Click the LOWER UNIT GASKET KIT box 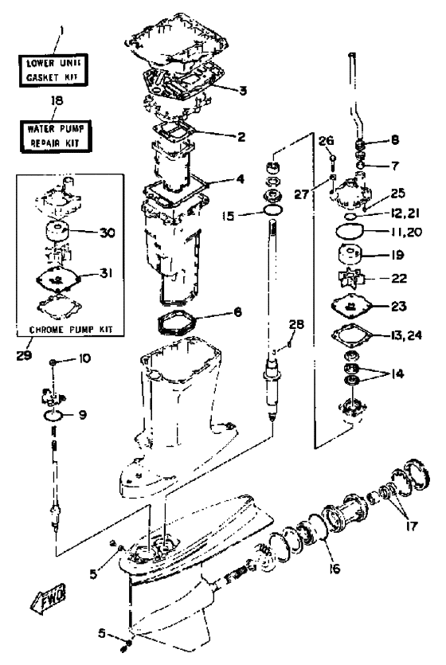coord(53,70)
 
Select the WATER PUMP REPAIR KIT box coord(56,135)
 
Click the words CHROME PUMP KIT coord(71,330)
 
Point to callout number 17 coord(412,526)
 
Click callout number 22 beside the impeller coord(399,278)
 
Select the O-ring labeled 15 coord(273,209)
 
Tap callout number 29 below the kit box coord(25,354)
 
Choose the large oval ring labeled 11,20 coord(350,232)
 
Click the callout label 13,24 coord(405,335)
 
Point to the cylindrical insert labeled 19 coord(350,256)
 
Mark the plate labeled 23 coord(351,305)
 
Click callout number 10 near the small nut coord(84,358)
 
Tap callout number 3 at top coord(242,90)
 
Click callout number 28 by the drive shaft coord(296,324)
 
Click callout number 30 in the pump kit coord(108,233)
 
